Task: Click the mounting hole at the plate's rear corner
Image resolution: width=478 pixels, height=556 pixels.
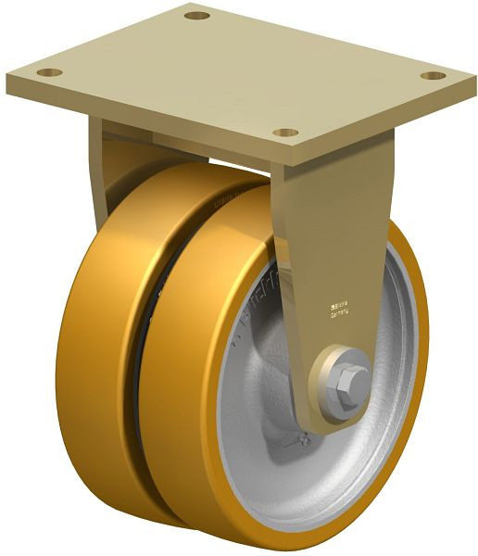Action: click(196, 16)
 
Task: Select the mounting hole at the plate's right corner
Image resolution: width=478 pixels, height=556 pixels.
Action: click(431, 75)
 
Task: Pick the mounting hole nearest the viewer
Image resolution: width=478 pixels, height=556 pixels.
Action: click(286, 133)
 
